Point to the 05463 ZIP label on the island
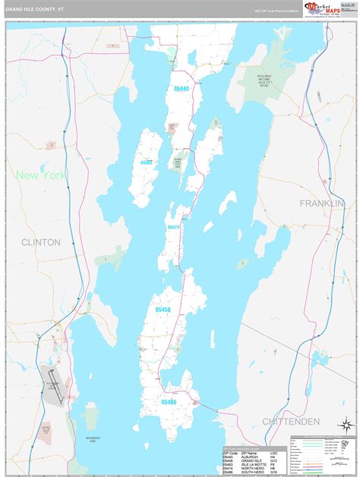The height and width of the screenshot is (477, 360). click(x=147, y=162)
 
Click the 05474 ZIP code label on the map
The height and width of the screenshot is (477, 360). click(x=173, y=227)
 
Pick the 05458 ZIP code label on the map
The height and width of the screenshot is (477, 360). click(x=163, y=310)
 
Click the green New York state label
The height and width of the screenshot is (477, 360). click(x=40, y=175)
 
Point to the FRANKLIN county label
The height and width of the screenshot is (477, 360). click(x=321, y=204)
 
